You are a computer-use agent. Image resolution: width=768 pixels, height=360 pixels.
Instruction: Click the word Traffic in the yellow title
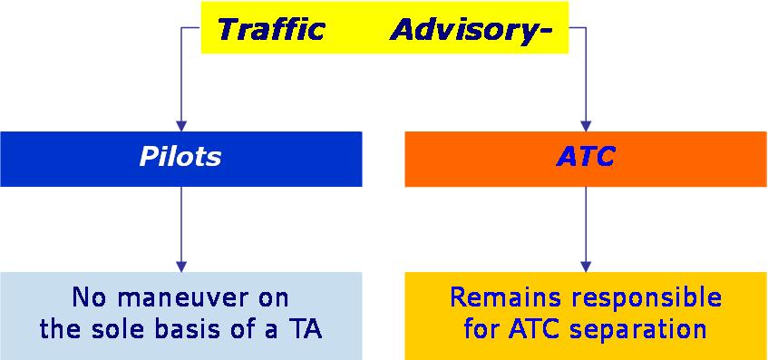[x=271, y=29]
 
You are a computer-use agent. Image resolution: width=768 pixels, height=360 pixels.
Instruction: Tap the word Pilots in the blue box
[x=180, y=157]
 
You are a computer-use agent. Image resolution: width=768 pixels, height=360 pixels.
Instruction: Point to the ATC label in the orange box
[x=586, y=157]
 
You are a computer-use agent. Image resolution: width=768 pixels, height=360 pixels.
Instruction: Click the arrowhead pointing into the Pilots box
[x=181, y=126]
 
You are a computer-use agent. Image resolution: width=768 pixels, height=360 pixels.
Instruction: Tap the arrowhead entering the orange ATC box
[x=586, y=126]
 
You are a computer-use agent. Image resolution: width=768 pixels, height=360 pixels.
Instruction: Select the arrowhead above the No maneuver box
[x=181, y=267]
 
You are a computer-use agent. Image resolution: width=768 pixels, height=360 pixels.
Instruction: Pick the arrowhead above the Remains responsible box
[x=586, y=267]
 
